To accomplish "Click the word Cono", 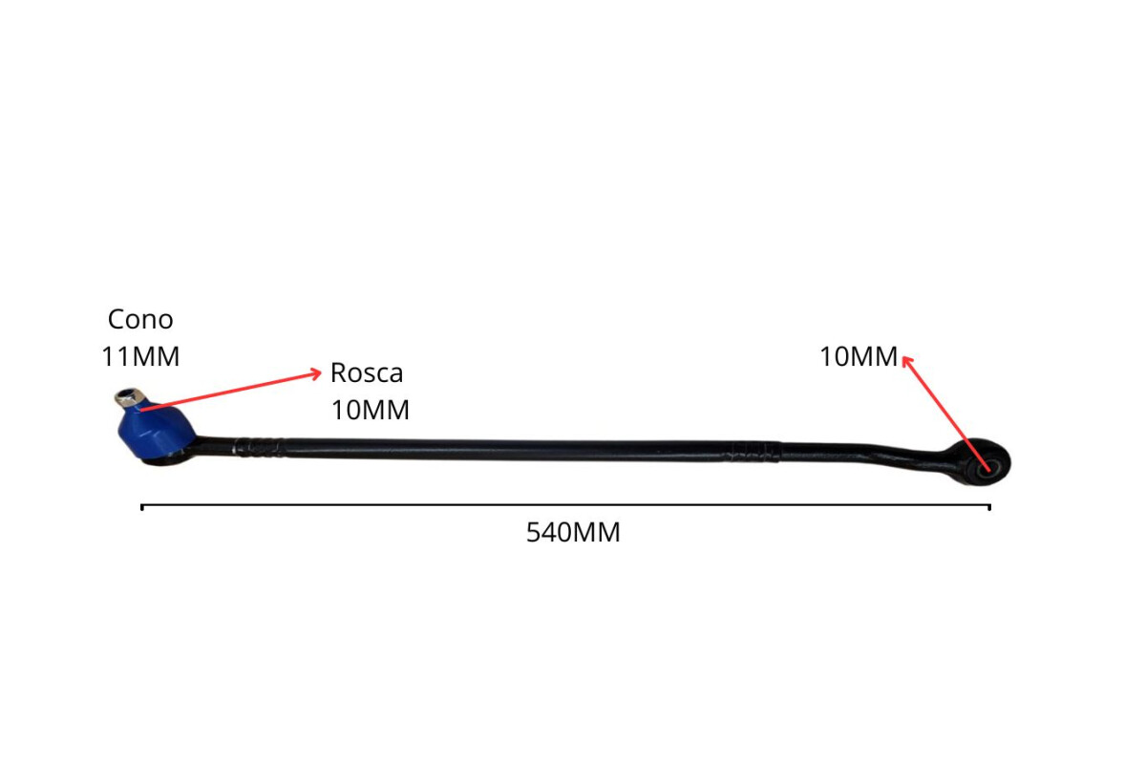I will click(x=140, y=319).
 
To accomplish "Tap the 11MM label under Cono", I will click(x=140, y=356).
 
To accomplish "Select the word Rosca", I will click(x=367, y=372).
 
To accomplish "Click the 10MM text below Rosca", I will click(x=371, y=410).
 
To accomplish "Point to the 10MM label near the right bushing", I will click(x=859, y=357).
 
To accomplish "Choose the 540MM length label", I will click(x=573, y=533).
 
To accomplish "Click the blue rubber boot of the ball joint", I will click(x=153, y=431).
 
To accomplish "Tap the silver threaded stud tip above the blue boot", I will click(x=128, y=396).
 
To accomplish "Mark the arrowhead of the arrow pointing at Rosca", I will click(x=317, y=373).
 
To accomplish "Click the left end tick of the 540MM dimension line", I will click(x=142, y=506).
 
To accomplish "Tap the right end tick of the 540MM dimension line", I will click(x=989, y=506).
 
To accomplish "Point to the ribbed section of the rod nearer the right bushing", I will click(x=753, y=450).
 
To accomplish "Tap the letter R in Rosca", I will click(x=338, y=372).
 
